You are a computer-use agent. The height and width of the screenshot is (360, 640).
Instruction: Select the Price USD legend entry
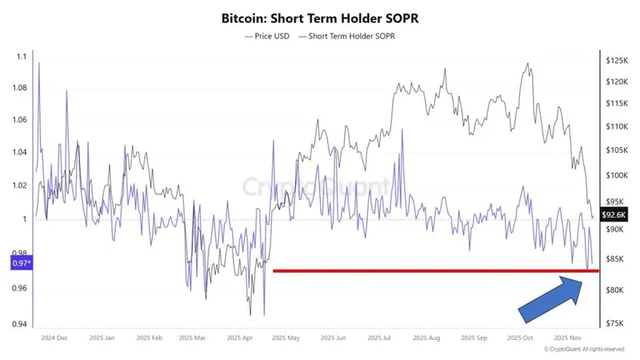pyautogui.click(x=267, y=35)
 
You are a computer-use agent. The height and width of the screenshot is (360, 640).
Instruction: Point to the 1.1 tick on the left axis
pyautogui.click(x=22, y=56)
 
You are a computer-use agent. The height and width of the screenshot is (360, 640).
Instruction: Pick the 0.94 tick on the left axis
pyautogui.click(x=20, y=324)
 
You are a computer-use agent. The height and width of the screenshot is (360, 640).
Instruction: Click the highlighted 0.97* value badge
pyautogui.click(x=22, y=262)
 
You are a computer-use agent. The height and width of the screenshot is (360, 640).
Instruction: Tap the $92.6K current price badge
pyautogui.click(x=614, y=214)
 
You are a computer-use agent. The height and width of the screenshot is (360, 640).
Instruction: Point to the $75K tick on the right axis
pyautogui.click(x=615, y=323)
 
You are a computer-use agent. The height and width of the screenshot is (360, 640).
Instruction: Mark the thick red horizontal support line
pyautogui.click(x=432, y=270)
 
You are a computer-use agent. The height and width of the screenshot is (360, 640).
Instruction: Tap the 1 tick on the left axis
pyautogui.click(x=24, y=219)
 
